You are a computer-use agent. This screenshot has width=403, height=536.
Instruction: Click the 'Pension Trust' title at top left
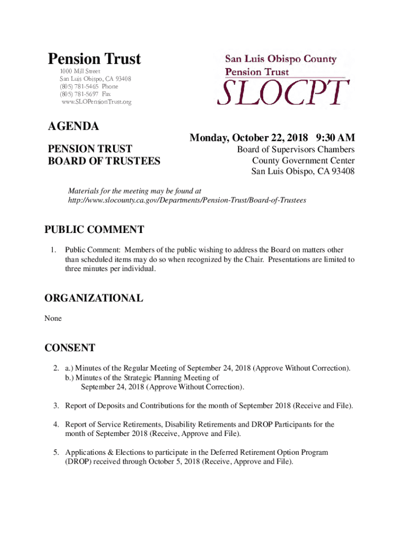point(94,59)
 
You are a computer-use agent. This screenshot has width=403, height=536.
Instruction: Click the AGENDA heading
point(73,126)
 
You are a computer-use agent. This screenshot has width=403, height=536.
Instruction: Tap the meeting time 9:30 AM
point(335,138)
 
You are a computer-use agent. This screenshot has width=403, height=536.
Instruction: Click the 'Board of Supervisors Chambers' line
point(296,150)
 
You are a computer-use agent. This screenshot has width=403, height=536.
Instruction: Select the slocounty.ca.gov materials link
point(187,200)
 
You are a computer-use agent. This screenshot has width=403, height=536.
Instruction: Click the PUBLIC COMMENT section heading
point(94,229)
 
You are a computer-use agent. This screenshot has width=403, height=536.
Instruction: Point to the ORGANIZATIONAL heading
point(94,298)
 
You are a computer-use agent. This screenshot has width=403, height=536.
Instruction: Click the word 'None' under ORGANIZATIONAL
point(53,318)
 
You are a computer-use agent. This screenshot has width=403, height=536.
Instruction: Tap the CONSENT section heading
point(70,348)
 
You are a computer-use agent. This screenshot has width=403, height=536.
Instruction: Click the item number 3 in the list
point(55,406)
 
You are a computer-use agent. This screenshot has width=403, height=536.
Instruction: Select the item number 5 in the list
point(55,452)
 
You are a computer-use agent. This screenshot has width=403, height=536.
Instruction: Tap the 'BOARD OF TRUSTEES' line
point(104,161)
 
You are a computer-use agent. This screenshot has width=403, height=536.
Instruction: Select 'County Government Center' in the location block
point(303,161)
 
